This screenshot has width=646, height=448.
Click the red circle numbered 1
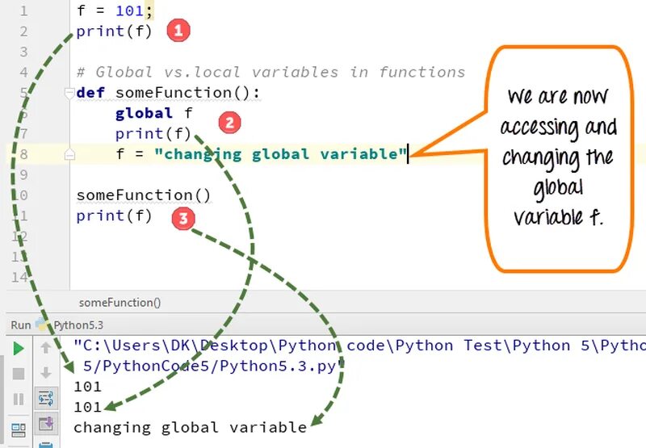(x=178, y=31)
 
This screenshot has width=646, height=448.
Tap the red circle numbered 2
(x=230, y=123)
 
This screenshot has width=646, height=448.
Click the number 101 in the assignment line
(x=128, y=11)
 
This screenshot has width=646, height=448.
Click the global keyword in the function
(x=144, y=114)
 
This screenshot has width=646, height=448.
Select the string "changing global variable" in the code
(x=280, y=154)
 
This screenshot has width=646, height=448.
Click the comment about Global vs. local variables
(x=271, y=73)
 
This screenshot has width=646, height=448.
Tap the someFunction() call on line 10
(x=143, y=195)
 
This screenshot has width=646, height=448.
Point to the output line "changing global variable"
(x=190, y=427)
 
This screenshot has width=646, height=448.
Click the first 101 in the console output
(x=87, y=387)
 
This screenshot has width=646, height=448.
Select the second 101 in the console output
(x=87, y=407)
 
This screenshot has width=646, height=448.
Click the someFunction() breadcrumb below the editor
(x=120, y=303)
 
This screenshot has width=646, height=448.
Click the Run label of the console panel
(x=20, y=325)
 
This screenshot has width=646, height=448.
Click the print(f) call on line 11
(x=114, y=216)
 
